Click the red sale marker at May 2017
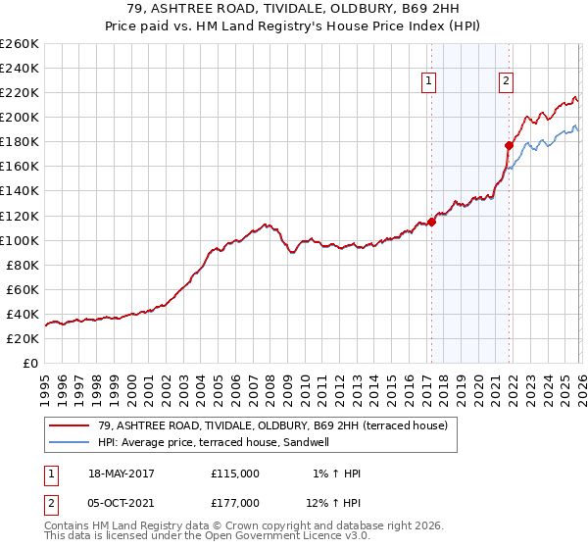tap(431, 222)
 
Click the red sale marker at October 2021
tap(509, 145)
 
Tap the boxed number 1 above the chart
tap(429, 82)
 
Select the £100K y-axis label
tap(20, 240)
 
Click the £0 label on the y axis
tap(29, 363)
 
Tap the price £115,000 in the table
tap(235, 474)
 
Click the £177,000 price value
tap(235, 503)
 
